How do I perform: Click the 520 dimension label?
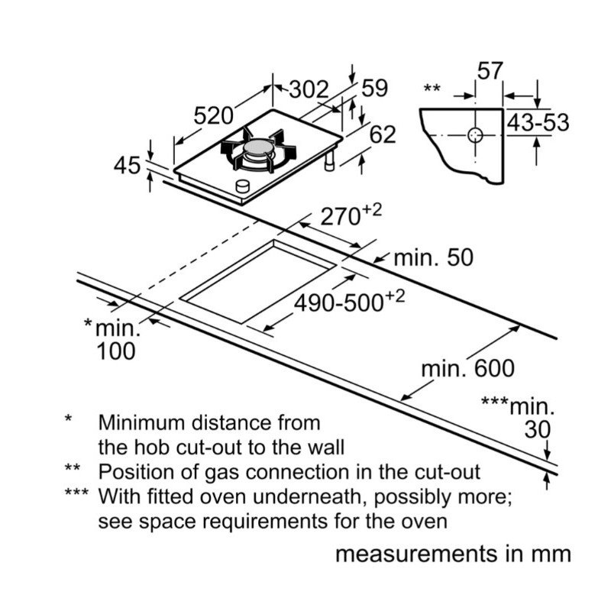(x=213, y=116)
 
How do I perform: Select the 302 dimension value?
(x=309, y=90)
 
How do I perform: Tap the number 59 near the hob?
(x=375, y=89)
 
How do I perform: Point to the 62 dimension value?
(x=383, y=134)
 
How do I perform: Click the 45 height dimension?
(x=127, y=164)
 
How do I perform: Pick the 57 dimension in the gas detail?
(x=490, y=72)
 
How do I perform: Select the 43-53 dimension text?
(x=539, y=122)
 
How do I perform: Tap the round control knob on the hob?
(x=243, y=185)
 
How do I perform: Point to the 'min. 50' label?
(x=433, y=258)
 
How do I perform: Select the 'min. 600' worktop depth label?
(x=468, y=370)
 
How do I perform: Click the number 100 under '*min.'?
(x=116, y=352)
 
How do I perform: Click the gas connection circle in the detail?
(x=474, y=136)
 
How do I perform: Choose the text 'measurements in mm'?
(x=453, y=554)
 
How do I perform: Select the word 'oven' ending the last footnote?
(x=425, y=522)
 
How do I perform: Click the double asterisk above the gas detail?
(x=432, y=89)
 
